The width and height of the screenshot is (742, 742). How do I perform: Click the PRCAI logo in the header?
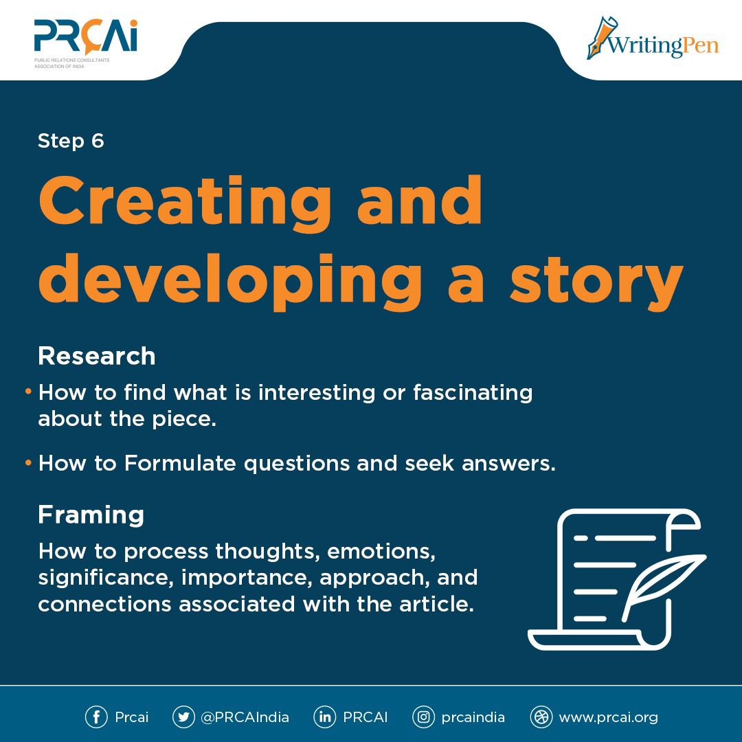pos(86,43)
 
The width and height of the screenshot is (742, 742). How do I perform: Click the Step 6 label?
pos(71,141)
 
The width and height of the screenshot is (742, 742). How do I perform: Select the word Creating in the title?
pos(185,202)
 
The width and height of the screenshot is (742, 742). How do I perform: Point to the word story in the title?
pos(596,282)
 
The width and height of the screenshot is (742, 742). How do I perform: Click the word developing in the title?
pos(230,282)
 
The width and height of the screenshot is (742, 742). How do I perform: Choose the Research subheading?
pos(97,356)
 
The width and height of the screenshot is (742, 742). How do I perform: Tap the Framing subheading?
pos(91,515)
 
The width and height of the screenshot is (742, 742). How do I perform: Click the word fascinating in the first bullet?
pos(473,393)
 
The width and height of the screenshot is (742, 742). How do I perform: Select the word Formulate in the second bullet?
pos(180,463)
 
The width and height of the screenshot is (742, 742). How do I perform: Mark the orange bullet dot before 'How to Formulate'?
pos(28,462)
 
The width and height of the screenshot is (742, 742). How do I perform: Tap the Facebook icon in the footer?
pos(97,717)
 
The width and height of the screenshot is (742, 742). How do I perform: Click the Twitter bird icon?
pos(183,717)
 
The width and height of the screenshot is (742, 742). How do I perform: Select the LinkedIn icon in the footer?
pos(324,717)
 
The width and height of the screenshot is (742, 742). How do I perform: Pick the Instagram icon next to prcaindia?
pos(423,717)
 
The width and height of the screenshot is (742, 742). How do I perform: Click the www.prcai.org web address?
pos(609,718)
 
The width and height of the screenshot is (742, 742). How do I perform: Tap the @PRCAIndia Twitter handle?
pos(245,717)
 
